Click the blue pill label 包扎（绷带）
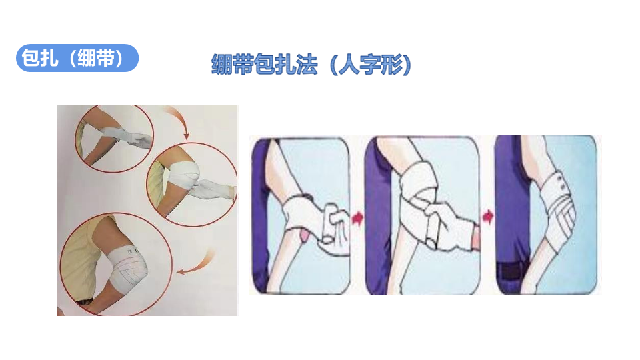(x=77, y=58)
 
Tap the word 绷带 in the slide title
(x=232, y=65)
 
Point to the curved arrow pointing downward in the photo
(x=179, y=121)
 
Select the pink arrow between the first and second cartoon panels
(x=357, y=218)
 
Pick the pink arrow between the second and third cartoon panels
(x=488, y=216)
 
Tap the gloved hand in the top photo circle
(x=137, y=141)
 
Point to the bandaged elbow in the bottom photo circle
(x=128, y=267)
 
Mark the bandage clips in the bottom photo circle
(x=133, y=251)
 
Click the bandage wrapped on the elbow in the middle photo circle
(x=182, y=175)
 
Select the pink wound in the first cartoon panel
(x=303, y=236)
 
